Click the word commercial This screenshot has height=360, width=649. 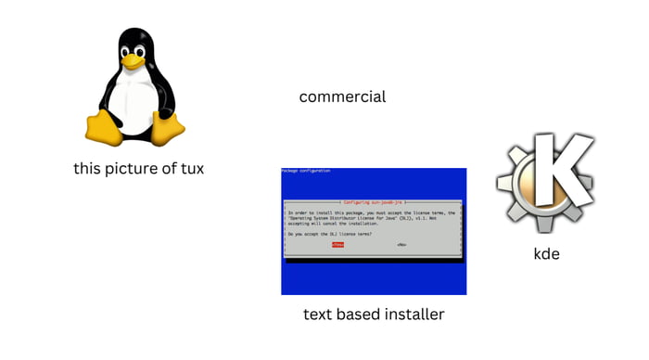click(342, 96)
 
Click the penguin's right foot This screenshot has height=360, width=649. click(168, 130)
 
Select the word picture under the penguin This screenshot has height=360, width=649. click(131, 169)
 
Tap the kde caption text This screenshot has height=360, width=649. click(547, 253)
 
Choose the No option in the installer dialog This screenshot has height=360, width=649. click(401, 245)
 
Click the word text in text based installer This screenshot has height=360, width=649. click(318, 315)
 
